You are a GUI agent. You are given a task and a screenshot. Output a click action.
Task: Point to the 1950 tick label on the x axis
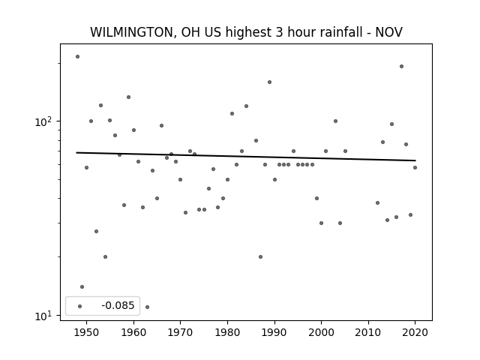point(87,332)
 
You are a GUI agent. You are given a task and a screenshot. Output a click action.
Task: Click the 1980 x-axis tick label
point(227,332)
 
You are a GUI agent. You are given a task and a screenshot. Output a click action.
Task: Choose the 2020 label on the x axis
point(415,332)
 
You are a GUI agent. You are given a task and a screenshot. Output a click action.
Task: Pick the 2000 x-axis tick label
point(321,332)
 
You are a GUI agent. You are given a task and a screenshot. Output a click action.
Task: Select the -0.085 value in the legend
point(118,305)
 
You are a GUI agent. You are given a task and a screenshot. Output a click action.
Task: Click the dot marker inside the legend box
point(80,306)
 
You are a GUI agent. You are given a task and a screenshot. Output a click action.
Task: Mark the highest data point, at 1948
point(77,57)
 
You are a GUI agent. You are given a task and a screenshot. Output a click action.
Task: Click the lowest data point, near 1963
point(147,307)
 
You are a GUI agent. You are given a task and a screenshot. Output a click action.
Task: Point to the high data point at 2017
point(401,67)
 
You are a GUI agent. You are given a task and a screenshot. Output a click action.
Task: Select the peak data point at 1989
point(269,82)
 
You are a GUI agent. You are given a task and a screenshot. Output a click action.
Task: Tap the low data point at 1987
point(260,256)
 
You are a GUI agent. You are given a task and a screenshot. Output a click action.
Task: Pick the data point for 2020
point(415,167)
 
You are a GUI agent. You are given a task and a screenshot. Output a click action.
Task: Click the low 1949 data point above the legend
point(82,286)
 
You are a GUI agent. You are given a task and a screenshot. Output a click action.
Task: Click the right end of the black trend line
point(415,160)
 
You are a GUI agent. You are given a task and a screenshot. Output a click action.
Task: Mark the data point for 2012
point(377,203)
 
